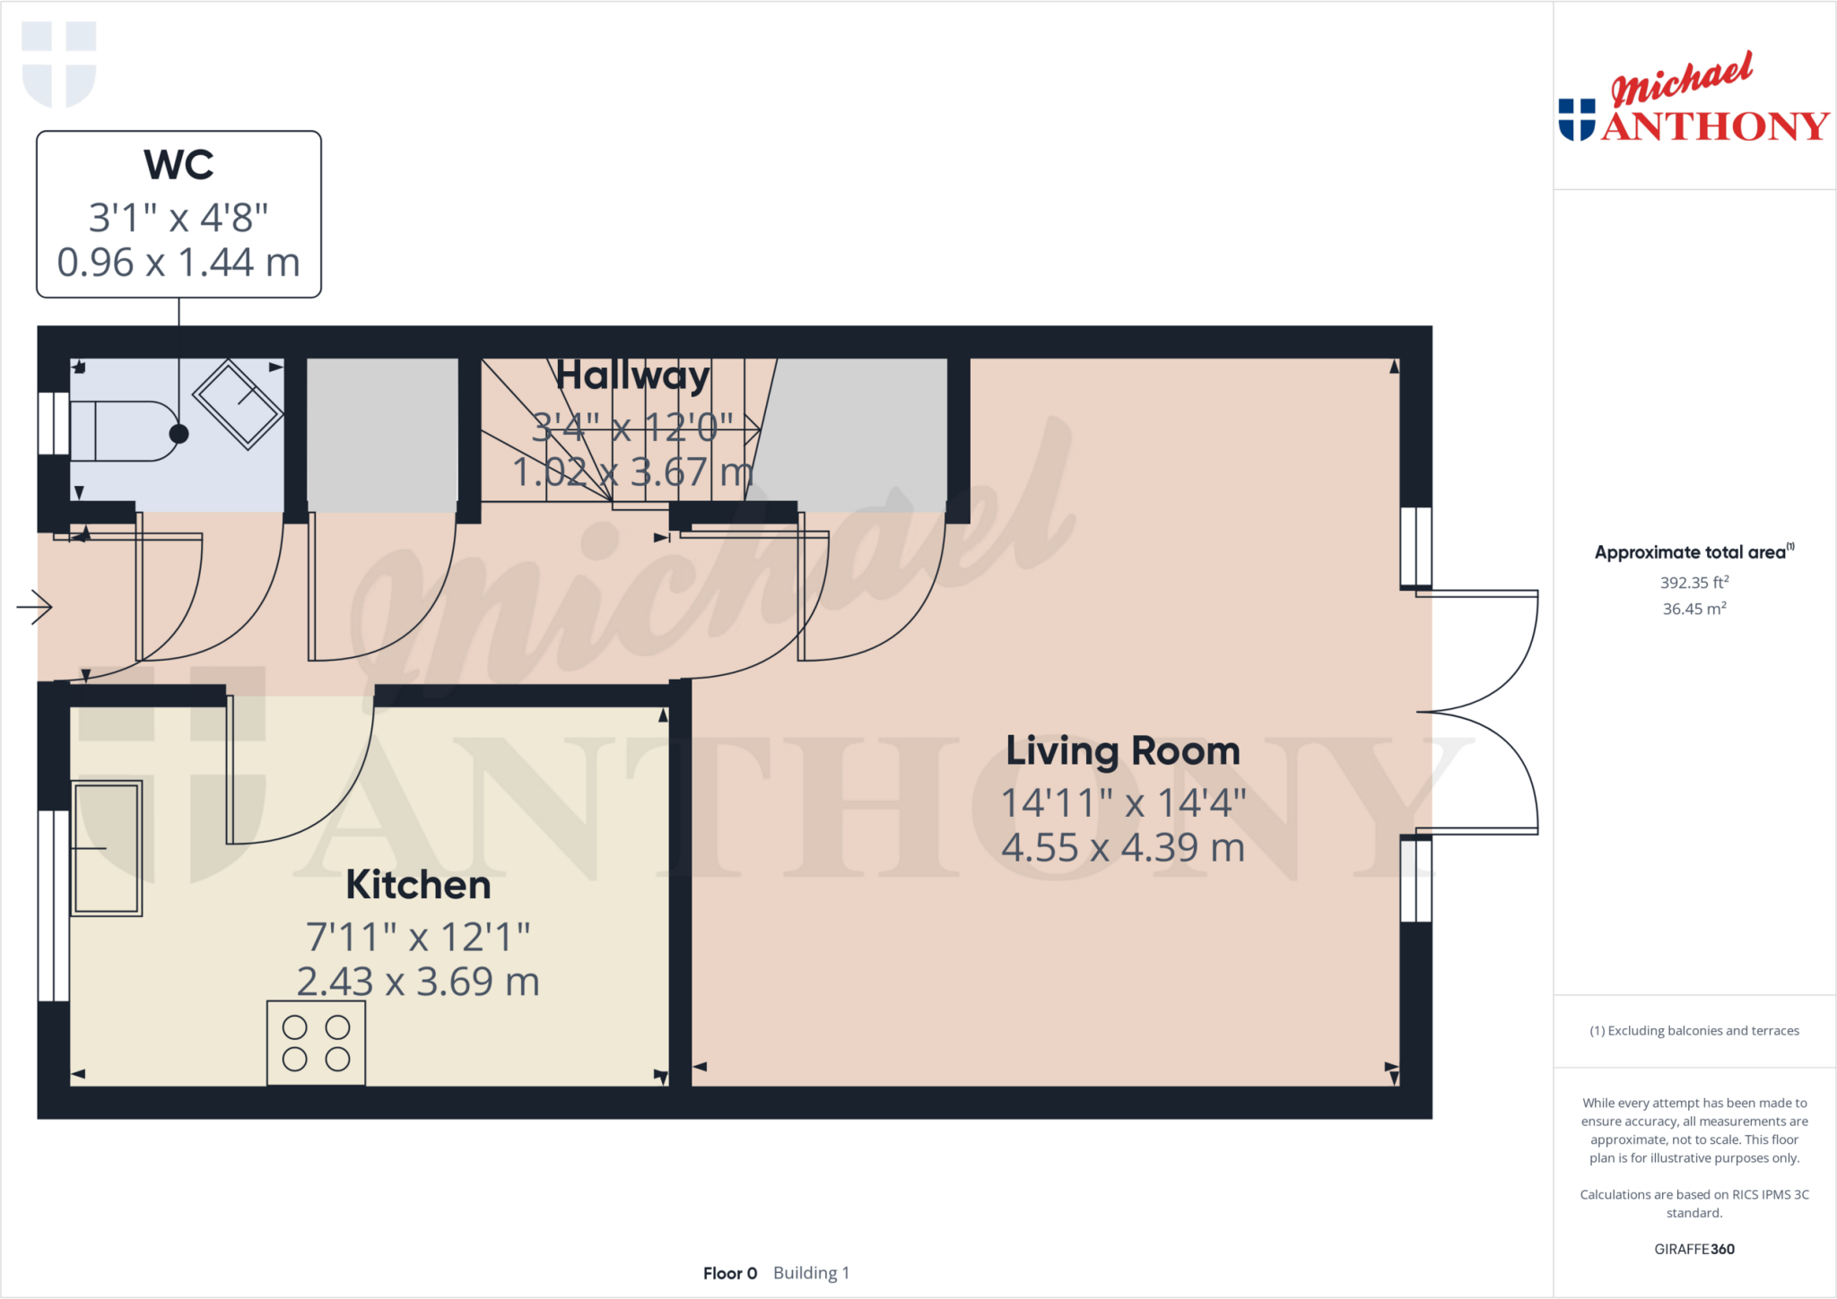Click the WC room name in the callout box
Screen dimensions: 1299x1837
pos(178,165)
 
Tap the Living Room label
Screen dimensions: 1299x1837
pos(1122,751)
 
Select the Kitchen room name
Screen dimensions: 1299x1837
pos(418,886)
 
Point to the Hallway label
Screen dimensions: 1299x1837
pos(632,376)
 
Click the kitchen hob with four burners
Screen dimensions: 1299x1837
pos(316,1044)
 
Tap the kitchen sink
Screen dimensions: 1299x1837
pos(107,848)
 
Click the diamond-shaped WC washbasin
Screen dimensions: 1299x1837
pos(238,404)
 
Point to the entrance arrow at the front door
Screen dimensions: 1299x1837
pos(35,607)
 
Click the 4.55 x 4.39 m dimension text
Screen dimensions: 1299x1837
pos(1122,848)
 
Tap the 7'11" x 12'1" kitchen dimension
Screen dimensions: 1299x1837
pos(418,938)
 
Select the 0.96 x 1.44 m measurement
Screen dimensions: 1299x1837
pos(178,263)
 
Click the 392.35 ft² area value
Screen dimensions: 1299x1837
pos(1693,583)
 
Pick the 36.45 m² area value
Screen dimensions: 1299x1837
pos(1693,610)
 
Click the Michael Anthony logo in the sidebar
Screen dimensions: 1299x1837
pos(1693,100)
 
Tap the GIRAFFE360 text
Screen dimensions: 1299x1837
pos(1693,1249)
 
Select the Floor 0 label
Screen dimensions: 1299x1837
pos(730,1273)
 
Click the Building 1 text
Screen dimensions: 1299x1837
pos(811,1273)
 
